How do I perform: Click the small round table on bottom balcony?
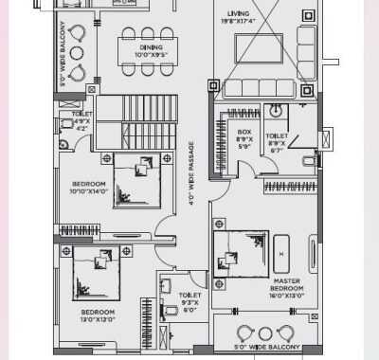click(265, 333)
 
